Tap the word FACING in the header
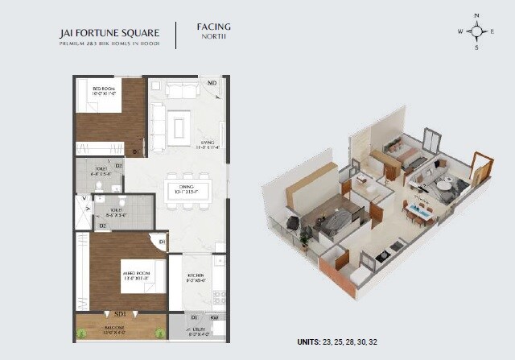(214, 27)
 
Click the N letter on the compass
(476, 15)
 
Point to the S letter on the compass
(476, 48)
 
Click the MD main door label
(212, 83)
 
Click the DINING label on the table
(187, 187)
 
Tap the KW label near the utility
(214, 319)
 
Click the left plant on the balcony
(81, 330)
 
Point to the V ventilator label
(84, 197)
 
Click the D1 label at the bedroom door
(136, 150)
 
